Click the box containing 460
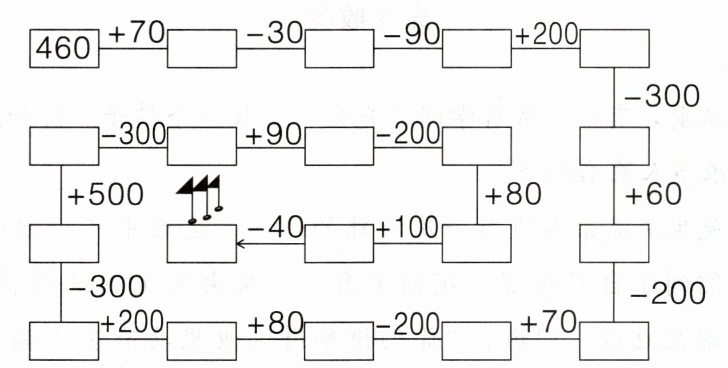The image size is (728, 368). (x=64, y=49)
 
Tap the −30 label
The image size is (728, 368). (x=274, y=35)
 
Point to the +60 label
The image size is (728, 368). (x=653, y=195)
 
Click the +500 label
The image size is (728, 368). (x=105, y=195)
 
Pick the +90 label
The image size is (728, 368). (x=274, y=134)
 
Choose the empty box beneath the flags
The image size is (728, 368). (x=201, y=243)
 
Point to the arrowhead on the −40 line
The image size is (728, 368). (x=240, y=244)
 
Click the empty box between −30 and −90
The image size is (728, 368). (x=339, y=49)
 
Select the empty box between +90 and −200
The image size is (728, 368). (x=339, y=146)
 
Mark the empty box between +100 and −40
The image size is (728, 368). (x=339, y=243)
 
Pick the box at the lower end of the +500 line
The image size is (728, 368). (x=64, y=243)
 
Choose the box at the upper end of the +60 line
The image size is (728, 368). (x=614, y=146)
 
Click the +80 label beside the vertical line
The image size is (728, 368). (x=513, y=195)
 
